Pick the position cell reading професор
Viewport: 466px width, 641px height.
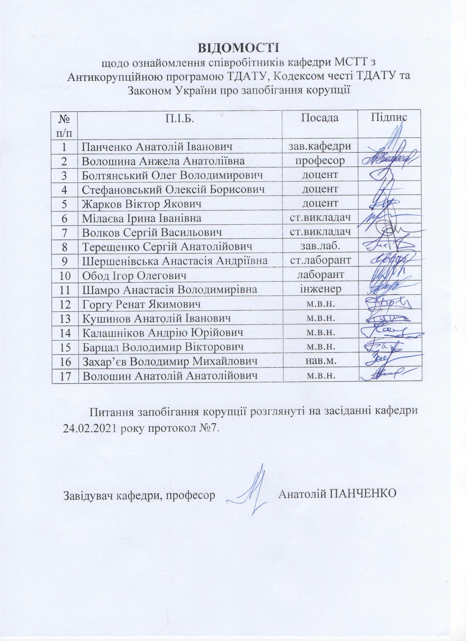pyautogui.click(x=320, y=161)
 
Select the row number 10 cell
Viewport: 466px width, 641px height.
pyautogui.click(x=65, y=275)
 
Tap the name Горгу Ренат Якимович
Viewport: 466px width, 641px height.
pyautogui.click(x=141, y=304)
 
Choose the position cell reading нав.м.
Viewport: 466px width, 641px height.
pyautogui.click(x=320, y=361)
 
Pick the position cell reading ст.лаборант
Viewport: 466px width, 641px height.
pyautogui.click(x=320, y=260)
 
